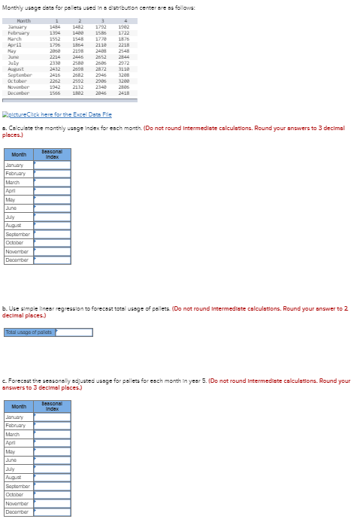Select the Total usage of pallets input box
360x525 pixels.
point(72,332)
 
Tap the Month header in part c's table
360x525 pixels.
point(18,406)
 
